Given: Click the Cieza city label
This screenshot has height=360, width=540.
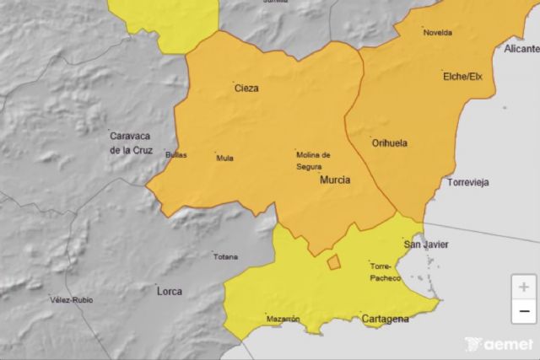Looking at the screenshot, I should coord(246,88).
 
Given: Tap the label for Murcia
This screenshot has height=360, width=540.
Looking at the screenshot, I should coord(335,180).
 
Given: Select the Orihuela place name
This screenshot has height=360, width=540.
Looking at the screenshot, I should coord(389,143).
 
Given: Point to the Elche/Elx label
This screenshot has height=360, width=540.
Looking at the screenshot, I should coord(462,77).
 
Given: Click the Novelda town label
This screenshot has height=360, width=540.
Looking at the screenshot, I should coord(438,33).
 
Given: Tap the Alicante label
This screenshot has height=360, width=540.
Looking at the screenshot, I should coord(521,49).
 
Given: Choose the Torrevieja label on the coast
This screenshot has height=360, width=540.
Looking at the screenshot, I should coord(468,182).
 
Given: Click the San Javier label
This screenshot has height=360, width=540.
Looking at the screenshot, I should coord(426,244).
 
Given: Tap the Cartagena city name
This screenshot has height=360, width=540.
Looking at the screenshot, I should coord(385,319).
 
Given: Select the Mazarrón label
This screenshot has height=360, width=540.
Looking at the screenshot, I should coord(283,319).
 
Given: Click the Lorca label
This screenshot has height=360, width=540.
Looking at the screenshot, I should coord(170,292).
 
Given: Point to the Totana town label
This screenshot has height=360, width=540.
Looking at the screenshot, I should coord(225,257).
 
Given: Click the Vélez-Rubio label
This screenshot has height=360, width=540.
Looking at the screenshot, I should coord(72,300).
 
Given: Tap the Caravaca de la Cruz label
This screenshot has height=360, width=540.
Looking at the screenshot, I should coord(131,142).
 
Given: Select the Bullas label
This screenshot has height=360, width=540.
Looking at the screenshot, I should coord(176,155).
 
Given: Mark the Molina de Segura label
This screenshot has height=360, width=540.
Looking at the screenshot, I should coord(312,160).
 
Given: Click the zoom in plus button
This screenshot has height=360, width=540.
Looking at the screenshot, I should coord(524,287).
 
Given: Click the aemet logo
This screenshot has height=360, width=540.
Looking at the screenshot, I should coord(499,344).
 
